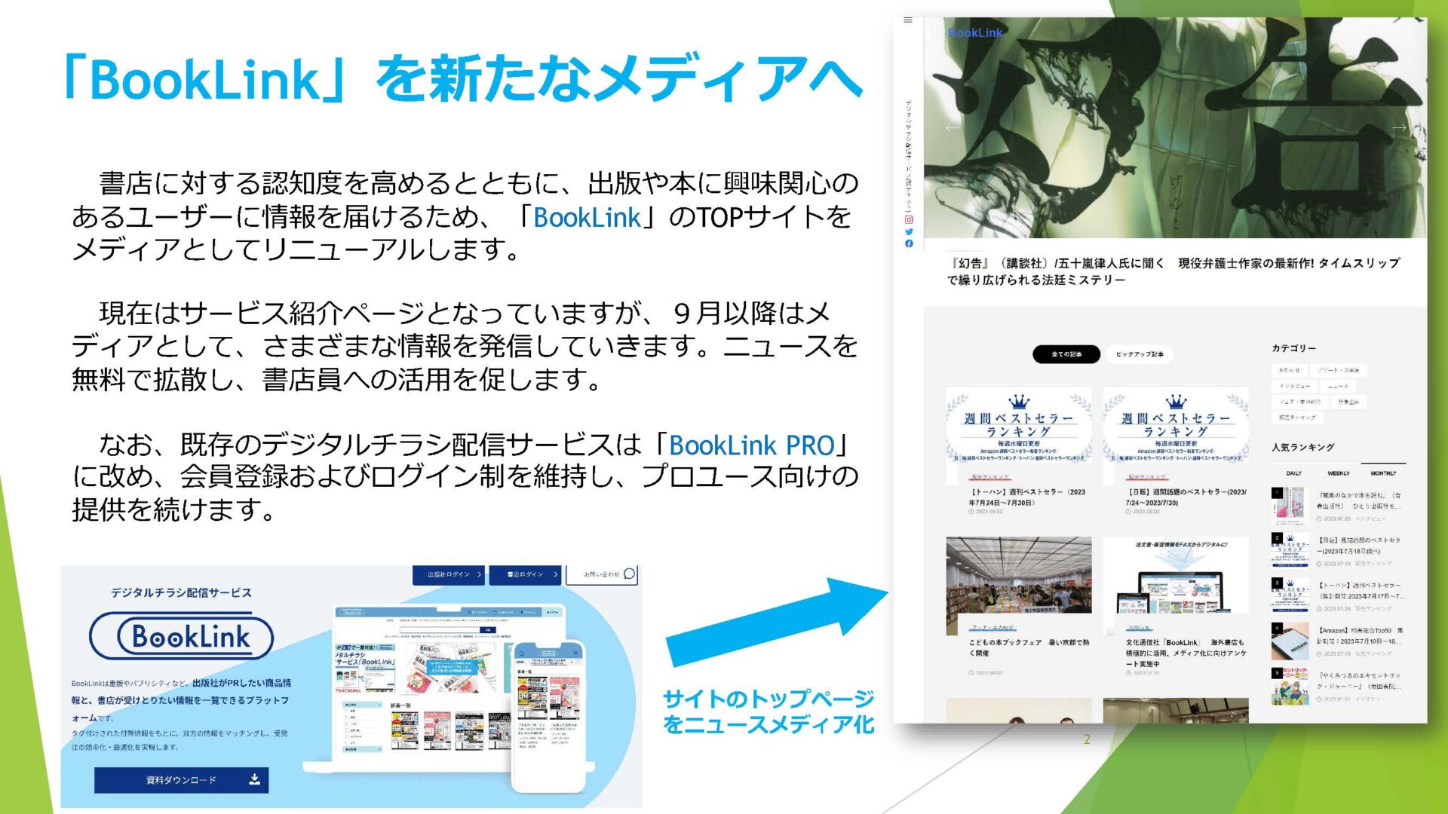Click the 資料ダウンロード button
(181, 779)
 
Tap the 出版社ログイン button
(449, 574)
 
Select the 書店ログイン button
(525, 574)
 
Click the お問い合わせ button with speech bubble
(609, 574)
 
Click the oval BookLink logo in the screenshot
(181, 637)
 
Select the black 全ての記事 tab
(1066, 354)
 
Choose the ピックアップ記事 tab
(1140, 354)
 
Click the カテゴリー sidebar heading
(1293, 348)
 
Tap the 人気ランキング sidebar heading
(1302, 447)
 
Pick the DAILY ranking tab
(1293, 473)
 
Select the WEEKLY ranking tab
(1339, 473)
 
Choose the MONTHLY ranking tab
(1383, 473)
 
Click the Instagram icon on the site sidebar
(909, 219)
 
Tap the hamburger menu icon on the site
(908, 20)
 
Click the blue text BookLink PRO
(751, 445)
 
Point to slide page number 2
(1087, 739)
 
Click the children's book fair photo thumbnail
(1018, 586)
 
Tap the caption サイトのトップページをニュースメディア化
(768, 711)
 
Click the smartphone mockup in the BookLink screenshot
(548, 716)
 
